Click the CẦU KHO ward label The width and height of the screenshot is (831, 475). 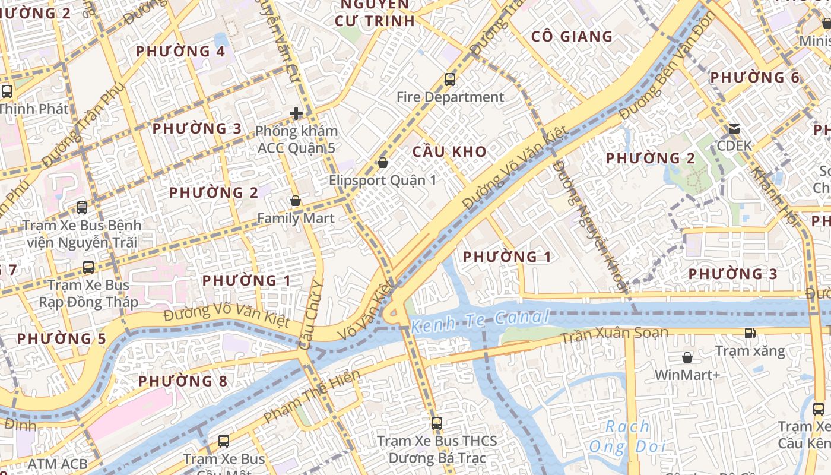click(x=449, y=151)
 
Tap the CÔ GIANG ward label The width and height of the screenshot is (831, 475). click(x=572, y=37)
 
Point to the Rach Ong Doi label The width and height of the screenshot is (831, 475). click(x=627, y=436)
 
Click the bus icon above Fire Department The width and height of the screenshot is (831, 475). click(x=450, y=79)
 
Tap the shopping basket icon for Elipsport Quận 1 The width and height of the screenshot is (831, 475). click(x=383, y=162)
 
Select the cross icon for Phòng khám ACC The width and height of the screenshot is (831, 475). click(x=296, y=113)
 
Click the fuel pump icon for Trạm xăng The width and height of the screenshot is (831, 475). click(x=750, y=333)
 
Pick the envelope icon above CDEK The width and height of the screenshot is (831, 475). click(x=734, y=128)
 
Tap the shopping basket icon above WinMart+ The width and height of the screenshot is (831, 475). click(x=687, y=357)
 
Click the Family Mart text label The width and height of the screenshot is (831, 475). click(x=296, y=218)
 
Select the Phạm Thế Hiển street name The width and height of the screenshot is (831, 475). click(x=312, y=397)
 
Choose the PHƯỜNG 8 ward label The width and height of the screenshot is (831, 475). click(x=183, y=381)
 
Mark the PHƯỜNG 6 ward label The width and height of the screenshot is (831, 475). click(x=755, y=78)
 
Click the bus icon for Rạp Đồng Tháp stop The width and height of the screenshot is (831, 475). click(x=88, y=267)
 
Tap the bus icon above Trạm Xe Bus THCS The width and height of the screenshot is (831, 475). click(x=437, y=423)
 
